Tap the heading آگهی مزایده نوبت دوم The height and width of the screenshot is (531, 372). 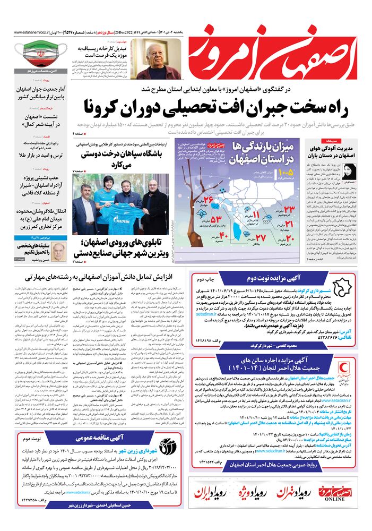coord(276,278)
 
